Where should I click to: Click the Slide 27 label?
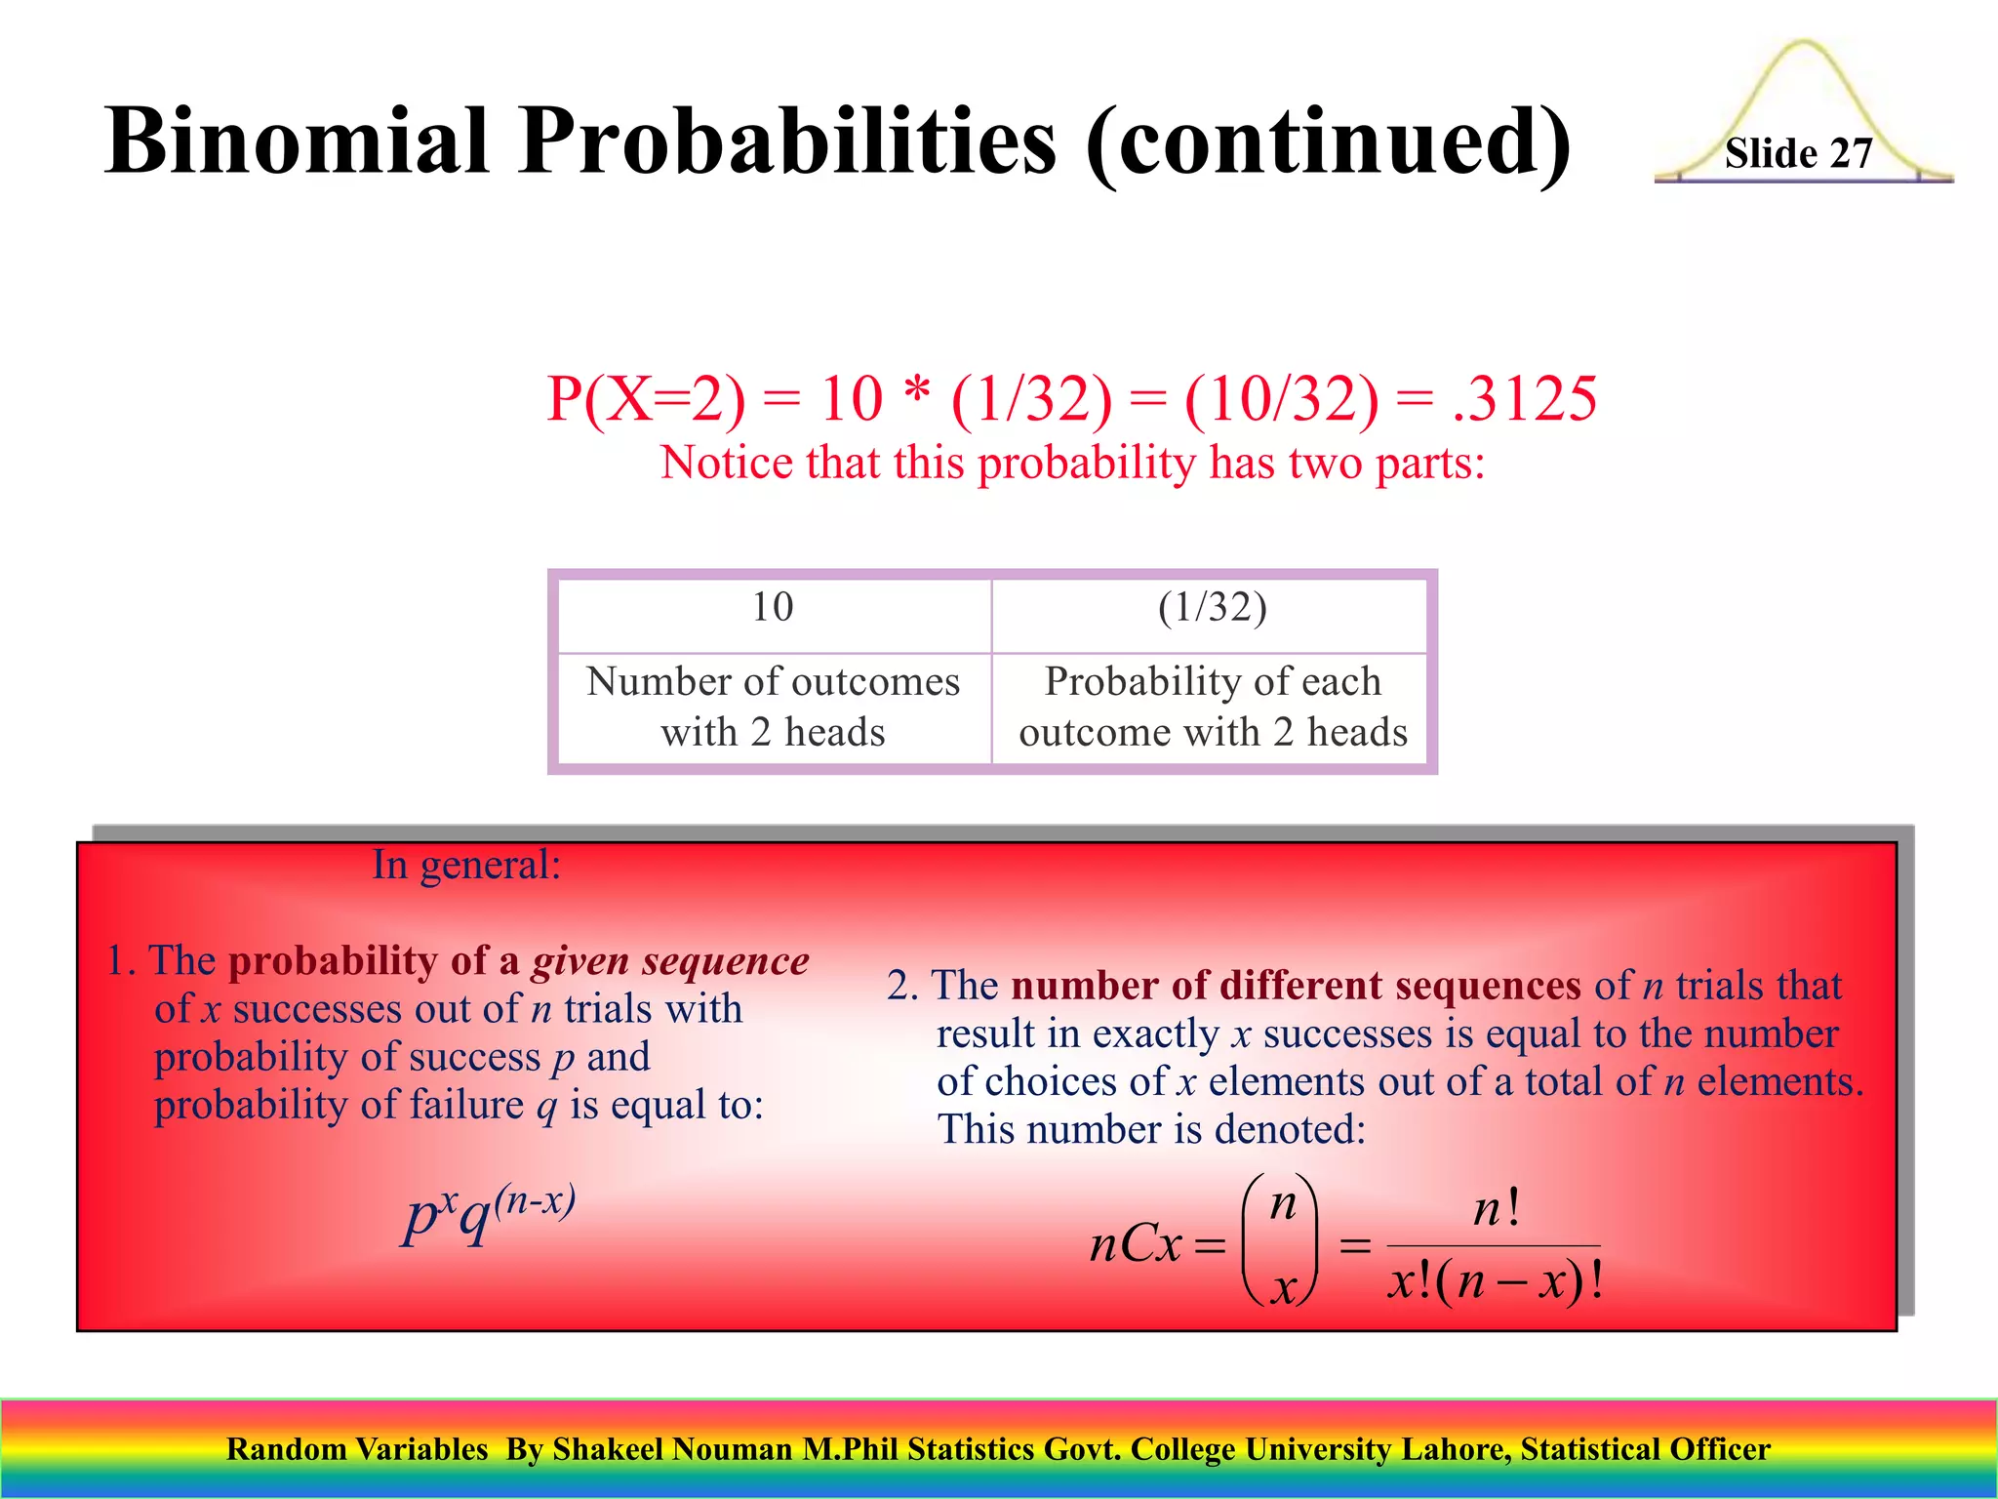(x=1798, y=154)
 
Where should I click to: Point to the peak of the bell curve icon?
(x=1803, y=45)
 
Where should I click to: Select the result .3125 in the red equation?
(x=1525, y=399)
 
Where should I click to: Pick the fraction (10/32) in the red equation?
(x=1282, y=399)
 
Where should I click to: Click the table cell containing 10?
(x=773, y=608)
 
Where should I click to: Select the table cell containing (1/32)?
(x=1212, y=608)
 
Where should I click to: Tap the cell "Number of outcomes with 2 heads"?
(x=773, y=707)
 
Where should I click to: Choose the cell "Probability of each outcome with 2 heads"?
(x=1212, y=707)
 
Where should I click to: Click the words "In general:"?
(x=466, y=866)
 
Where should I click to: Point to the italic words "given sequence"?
(x=670, y=961)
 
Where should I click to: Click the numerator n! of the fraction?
(x=1496, y=1210)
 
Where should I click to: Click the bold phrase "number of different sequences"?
(x=1296, y=986)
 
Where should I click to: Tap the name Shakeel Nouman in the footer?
(x=672, y=1450)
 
